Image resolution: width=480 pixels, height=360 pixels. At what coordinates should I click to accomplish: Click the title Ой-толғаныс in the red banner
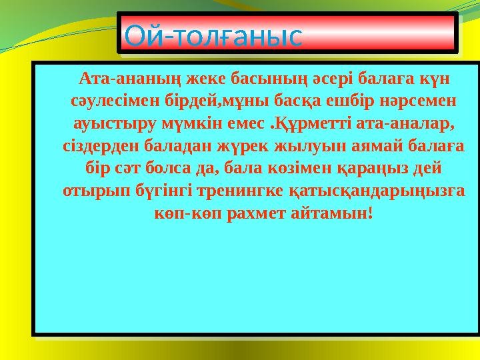[214, 35]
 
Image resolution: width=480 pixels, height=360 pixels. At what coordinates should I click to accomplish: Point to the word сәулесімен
[109, 102]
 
